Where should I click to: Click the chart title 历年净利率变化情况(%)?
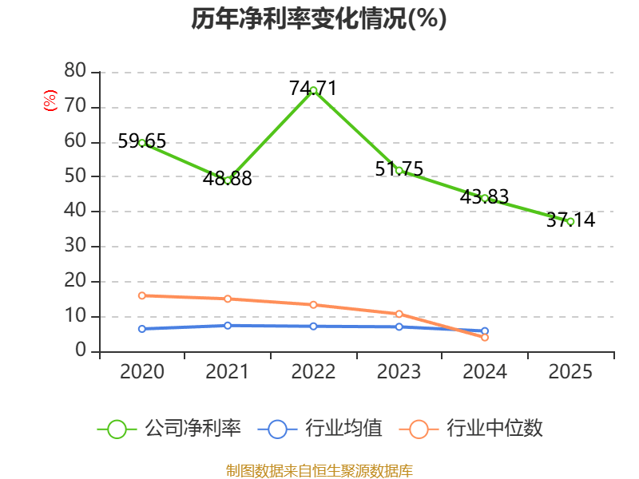click(319, 19)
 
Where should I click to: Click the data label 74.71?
click(313, 89)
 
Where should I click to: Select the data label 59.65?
click(142, 141)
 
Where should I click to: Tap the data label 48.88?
click(228, 178)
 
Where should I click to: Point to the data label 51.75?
click(399, 168)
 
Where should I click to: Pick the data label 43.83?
click(484, 196)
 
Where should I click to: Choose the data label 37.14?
click(570, 220)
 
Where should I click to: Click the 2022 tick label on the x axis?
click(313, 371)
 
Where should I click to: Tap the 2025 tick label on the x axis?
click(570, 371)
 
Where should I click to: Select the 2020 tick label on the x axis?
click(142, 371)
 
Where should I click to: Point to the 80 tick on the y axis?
click(75, 71)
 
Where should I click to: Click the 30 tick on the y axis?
click(75, 246)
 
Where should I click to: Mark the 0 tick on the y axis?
click(81, 351)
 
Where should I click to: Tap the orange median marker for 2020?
click(142, 295)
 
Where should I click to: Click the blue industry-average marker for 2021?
click(228, 326)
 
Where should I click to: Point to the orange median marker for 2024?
click(485, 338)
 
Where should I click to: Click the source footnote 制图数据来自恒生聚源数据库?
click(319, 470)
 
